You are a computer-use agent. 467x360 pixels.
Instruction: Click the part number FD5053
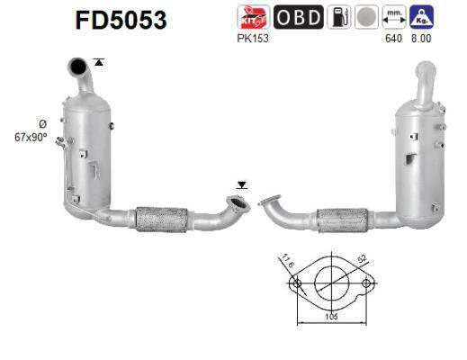click(x=121, y=19)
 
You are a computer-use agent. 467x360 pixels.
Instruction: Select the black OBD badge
click(x=296, y=18)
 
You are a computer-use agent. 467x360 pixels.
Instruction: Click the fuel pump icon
click(x=339, y=18)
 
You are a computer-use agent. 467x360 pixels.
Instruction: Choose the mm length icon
click(x=393, y=18)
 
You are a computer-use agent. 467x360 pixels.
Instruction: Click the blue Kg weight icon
click(x=420, y=18)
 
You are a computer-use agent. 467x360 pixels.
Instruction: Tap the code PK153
click(x=249, y=39)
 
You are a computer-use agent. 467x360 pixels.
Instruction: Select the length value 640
click(x=393, y=39)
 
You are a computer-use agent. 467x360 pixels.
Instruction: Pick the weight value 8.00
click(x=421, y=39)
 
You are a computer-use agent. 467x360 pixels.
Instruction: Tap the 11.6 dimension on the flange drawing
click(x=289, y=262)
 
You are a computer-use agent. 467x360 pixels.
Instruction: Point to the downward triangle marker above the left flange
click(x=240, y=185)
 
